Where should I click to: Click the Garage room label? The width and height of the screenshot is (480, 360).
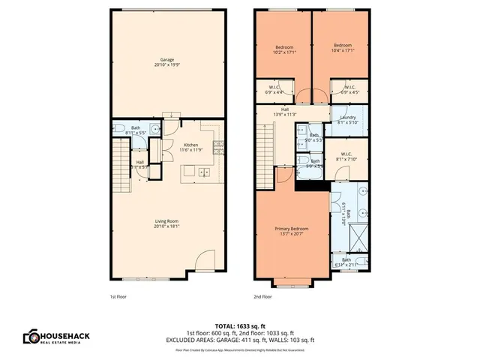click(x=167, y=62)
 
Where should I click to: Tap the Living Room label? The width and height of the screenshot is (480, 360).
click(x=167, y=223)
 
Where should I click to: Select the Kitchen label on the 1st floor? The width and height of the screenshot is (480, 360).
click(x=190, y=146)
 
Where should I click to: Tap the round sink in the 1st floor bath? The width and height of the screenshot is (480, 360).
click(x=154, y=129)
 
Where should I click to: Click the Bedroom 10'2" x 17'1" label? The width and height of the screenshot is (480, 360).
click(x=284, y=49)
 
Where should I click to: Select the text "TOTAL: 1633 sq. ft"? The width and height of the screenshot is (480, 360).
click(x=240, y=327)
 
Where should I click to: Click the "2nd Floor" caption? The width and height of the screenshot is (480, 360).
click(x=262, y=296)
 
